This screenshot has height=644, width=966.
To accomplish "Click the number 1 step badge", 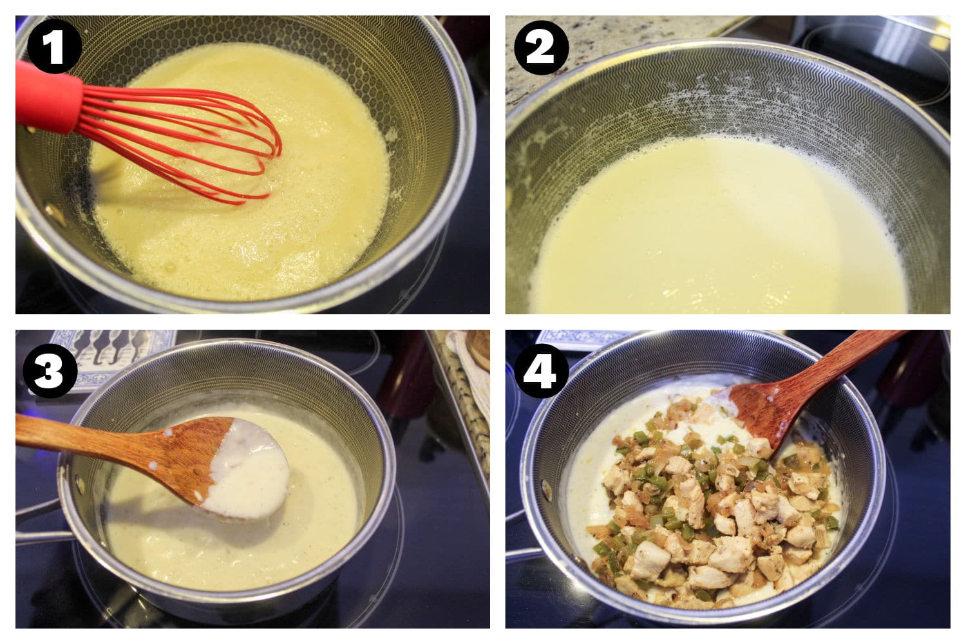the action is coord(54,46).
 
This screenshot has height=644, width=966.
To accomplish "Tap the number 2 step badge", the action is coord(541,48).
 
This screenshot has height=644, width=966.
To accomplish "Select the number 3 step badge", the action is coord(50,370).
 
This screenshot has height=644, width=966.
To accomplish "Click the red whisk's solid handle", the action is coord(48,97).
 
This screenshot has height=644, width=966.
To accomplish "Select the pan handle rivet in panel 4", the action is coord(546,490).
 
